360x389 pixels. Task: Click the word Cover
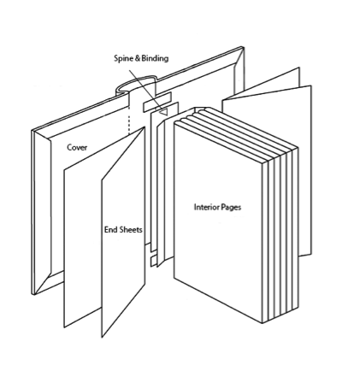tap(77, 147)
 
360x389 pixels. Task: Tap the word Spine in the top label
tap(124, 58)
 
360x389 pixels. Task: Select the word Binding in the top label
tap(155, 58)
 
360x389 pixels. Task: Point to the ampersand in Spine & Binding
tap(138, 58)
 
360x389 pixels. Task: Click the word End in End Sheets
tap(110, 229)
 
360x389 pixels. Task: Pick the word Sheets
tap(130, 229)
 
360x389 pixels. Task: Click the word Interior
tap(206, 207)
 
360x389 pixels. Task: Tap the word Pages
tap(230, 208)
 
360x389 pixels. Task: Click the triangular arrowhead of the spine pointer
tap(163, 112)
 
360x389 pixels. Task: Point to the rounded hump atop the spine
tap(136, 84)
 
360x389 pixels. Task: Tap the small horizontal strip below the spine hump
tap(157, 102)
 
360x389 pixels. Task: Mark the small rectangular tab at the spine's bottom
tap(154, 261)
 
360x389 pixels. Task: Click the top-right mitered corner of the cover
tap(239, 57)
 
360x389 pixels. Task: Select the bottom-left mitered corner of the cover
tap(43, 284)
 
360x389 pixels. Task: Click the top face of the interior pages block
tap(236, 135)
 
